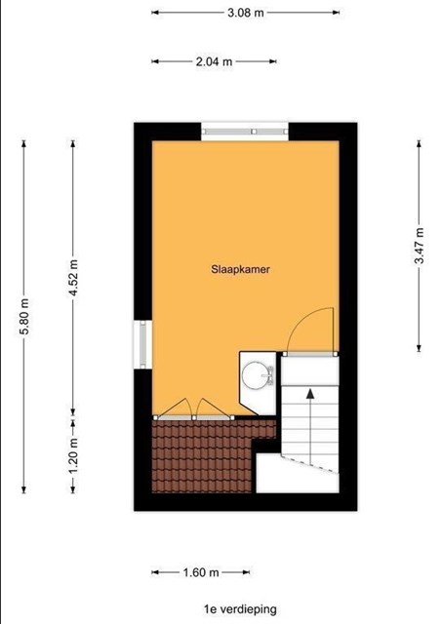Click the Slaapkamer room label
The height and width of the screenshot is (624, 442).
click(x=240, y=269)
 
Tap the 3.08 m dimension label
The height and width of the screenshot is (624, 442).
click(x=246, y=13)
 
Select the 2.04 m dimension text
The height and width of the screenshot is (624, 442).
click(x=214, y=61)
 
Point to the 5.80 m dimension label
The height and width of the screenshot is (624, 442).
click(x=23, y=316)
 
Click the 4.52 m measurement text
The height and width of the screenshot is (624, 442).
click(x=73, y=278)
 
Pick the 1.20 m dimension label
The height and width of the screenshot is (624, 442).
click(x=73, y=456)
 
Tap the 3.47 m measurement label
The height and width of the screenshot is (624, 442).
click(x=419, y=246)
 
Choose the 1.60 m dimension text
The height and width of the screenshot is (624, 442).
click(x=201, y=572)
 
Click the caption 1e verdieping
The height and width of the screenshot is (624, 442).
click(x=240, y=609)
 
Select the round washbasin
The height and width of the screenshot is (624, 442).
click(x=256, y=375)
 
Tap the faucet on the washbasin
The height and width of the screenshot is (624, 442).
click(x=271, y=375)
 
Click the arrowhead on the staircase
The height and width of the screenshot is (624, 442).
click(x=310, y=394)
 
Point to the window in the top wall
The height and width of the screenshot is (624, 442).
click(x=245, y=132)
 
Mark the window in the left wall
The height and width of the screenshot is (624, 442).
click(x=143, y=344)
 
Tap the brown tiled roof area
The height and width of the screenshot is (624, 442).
click(x=203, y=456)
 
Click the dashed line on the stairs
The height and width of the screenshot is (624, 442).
click(x=309, y=464)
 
